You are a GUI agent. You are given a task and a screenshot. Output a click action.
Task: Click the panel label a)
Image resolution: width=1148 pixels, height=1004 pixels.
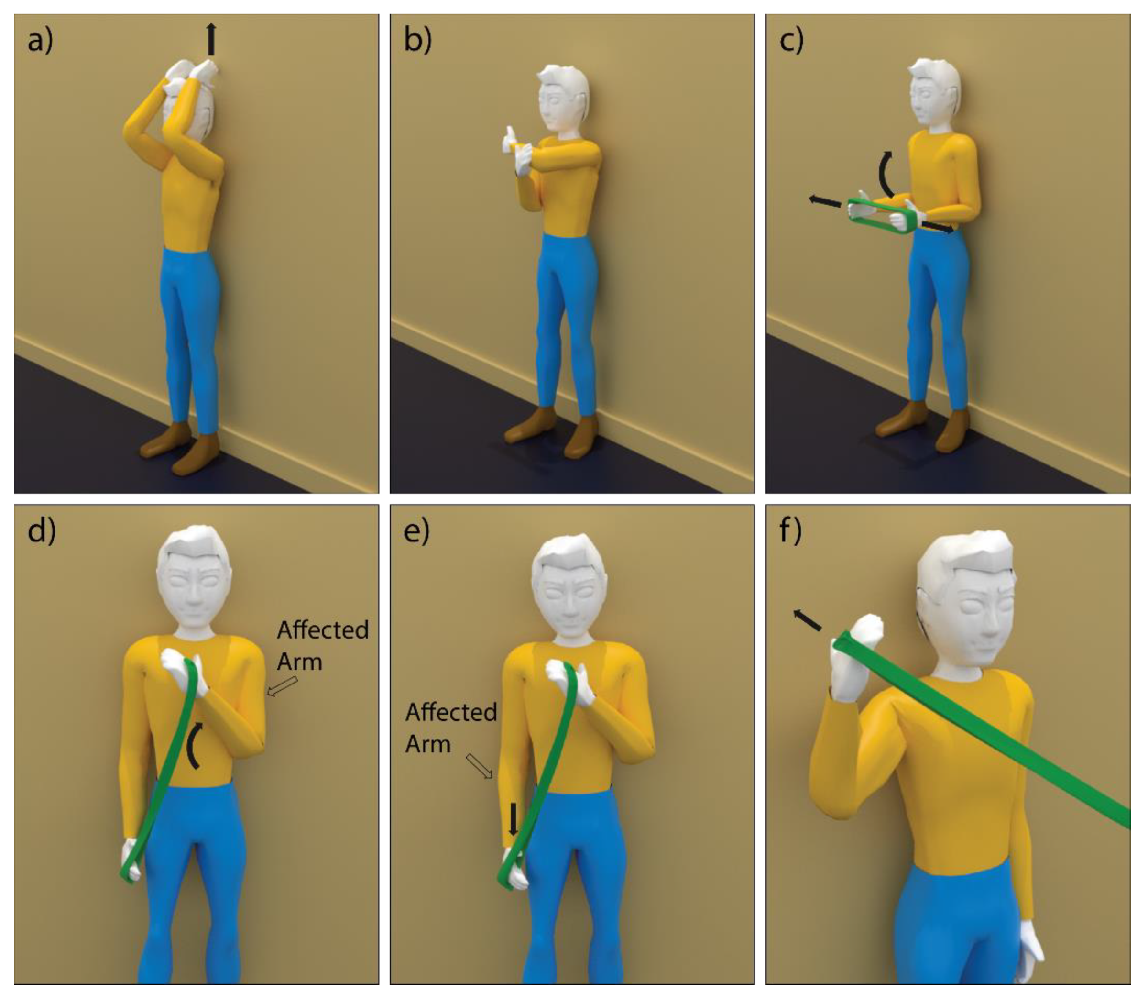pos(40,40)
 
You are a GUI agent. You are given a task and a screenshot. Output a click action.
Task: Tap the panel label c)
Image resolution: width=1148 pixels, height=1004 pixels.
pos(791,40)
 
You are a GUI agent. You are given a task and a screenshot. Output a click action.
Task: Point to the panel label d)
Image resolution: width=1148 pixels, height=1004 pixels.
pos(42,531)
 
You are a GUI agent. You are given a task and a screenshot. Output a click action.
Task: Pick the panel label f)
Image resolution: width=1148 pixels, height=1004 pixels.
pos(790,531)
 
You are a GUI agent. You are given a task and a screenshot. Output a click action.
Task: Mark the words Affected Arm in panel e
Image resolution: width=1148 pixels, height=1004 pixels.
pos(451,728)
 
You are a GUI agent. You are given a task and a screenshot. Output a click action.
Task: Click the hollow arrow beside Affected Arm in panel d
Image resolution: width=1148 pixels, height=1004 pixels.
pos(282,686)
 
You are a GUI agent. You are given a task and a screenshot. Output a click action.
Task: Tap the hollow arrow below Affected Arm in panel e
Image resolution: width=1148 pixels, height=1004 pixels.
pos(480,766)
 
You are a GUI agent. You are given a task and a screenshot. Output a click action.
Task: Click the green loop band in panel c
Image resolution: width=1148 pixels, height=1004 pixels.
pos(884,216)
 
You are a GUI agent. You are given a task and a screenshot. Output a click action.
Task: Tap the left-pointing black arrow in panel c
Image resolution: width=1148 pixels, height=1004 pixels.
pos(825,202)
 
